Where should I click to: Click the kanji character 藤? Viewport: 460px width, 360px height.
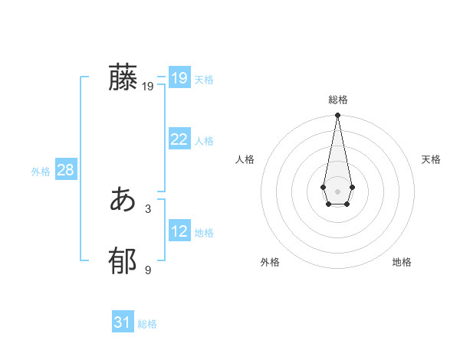coord(123,78)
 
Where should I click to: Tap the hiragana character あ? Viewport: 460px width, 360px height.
coord(123,201)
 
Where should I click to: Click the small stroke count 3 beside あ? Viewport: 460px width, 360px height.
coord(148,208)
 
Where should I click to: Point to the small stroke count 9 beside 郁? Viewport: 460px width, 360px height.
coord(148,270)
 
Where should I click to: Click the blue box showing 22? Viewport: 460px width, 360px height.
coord(179,139)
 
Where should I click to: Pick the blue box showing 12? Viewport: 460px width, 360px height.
coord(179,231)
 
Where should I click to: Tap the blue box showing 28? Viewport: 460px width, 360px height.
coord(65,170)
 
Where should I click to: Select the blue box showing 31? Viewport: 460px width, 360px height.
coord(122,322)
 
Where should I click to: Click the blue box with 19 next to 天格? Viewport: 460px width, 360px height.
coord(179,78)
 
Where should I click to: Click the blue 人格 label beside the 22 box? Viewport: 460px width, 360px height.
coord(204,141)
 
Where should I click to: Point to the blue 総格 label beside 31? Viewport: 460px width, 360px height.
coord(147,324)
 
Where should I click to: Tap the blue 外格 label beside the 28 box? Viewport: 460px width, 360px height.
coord(41,172)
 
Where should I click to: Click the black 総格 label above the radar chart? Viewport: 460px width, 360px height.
coord(337,100)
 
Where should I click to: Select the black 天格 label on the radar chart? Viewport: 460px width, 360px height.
coord(431,159)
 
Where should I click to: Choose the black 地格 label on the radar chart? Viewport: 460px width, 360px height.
coord(402,262)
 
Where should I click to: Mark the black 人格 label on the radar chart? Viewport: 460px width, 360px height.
coord(245,159)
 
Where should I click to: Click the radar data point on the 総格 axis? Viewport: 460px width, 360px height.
coord(337,116)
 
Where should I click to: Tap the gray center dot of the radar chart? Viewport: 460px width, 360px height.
coord(337,191)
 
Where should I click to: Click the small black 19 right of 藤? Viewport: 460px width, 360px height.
coord(148,87)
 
